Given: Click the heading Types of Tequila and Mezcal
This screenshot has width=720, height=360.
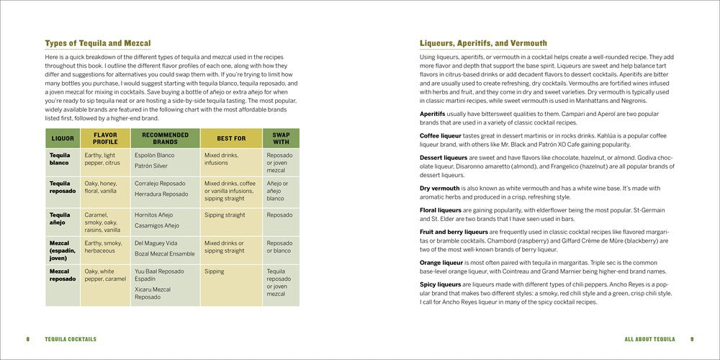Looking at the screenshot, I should (x=98, y=43).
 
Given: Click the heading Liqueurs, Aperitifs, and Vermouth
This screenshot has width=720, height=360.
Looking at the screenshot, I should (x=483, y=43).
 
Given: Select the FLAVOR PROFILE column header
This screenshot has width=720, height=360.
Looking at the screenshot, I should (x=105, y=138).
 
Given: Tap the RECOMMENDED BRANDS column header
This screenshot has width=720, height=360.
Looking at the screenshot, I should (x=165, y=138).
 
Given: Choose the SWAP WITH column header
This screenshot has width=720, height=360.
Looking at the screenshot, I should (x=280, y=138).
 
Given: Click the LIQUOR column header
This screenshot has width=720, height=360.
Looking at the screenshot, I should (x=63, y=138).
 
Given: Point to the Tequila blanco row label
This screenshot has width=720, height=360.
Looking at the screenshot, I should (x=60, y=159).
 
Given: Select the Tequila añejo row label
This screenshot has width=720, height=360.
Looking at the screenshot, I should (x=60, y=219).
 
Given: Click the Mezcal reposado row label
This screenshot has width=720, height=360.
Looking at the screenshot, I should (x=63, y=275).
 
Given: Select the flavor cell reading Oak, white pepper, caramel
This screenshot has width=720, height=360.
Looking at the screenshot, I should (x=104, y=275).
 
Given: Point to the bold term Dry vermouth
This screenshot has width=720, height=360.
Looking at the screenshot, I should (x=441, y=188).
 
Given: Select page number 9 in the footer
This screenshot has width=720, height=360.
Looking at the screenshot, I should (x=692, y=339).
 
